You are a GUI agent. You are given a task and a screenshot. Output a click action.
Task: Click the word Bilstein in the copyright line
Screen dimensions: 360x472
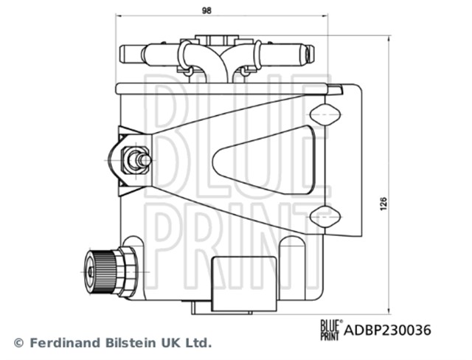(x=126, y=343)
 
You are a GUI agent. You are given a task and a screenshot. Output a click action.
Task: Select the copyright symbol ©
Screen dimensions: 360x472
(x=18, y=343)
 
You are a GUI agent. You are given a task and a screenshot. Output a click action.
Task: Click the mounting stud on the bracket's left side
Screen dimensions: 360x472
(x=137, y=158)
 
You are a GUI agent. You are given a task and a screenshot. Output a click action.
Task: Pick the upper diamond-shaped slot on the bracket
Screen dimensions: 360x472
(x=324, y=114)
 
